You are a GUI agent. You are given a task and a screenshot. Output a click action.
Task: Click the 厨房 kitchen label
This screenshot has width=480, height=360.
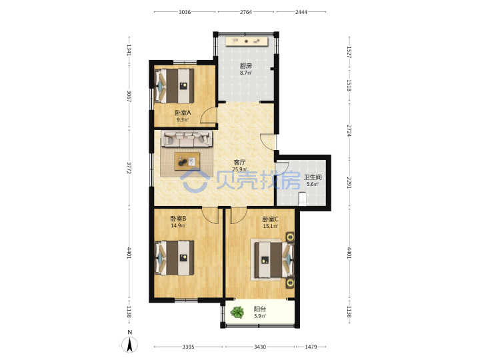point(246,65)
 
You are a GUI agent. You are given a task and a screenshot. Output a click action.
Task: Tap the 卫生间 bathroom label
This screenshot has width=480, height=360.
point(313,177)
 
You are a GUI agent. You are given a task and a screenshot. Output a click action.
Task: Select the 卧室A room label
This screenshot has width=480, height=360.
point(183,113)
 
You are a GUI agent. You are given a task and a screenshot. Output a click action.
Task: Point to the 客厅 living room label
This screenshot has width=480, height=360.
point(239,162)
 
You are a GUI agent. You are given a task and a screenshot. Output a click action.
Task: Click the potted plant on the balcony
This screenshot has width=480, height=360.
point(237,312)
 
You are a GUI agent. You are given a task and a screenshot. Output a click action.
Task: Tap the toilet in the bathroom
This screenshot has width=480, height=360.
point(302,199)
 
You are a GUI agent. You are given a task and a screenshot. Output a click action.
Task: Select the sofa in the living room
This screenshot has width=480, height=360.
point(187,139)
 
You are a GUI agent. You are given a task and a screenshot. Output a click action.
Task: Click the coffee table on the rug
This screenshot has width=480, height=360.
point(187,161)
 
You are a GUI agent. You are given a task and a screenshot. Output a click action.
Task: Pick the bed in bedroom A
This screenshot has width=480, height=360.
point(175,86)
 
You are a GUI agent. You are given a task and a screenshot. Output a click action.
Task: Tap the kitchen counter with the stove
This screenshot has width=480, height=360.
point(247,41)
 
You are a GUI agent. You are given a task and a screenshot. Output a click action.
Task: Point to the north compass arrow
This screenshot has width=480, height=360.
point(130,345)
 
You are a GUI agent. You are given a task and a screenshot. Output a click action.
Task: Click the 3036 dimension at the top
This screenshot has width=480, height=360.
point(185,12)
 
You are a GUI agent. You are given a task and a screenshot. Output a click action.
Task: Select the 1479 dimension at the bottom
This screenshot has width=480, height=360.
point(311,347)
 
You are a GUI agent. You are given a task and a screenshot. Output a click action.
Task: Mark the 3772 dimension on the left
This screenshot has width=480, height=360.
point(129,168)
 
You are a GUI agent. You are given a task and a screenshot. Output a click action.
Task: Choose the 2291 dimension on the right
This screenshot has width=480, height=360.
point(349,183)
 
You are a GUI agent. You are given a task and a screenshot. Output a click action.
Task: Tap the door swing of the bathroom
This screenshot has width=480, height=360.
point(282,168)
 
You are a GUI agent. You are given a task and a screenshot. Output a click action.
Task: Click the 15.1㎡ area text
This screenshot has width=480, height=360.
point(270,227)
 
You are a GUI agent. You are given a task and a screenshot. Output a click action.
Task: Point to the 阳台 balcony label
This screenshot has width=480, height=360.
point(260,309)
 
